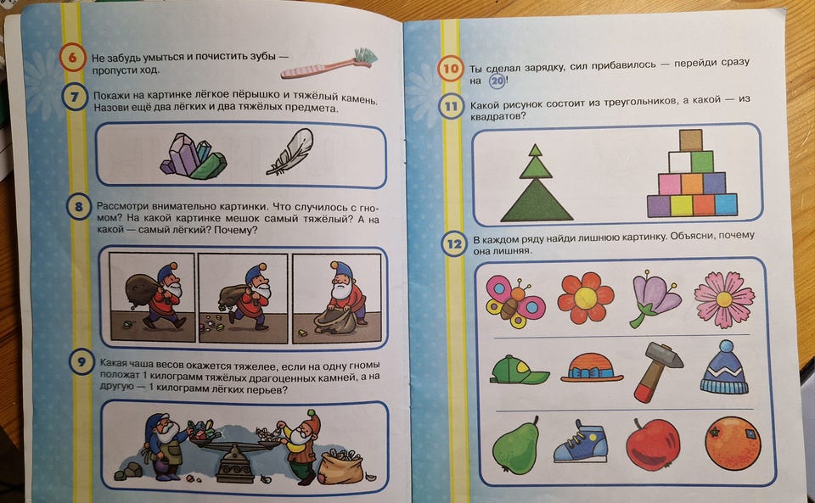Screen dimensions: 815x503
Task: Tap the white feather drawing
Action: (x=291, y=152)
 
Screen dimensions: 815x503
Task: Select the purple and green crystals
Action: (x=194, y=156)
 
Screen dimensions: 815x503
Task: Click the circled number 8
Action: (x=78, y=207)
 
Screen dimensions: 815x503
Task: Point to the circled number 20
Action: (x=497, y=81)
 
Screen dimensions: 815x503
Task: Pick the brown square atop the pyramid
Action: (x=690, y=140)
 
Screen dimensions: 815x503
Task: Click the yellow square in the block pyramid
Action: (x=681, y=205)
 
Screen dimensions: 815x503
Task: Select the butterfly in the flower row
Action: (x=515, y=302)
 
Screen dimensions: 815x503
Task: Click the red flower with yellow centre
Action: (x=585, y=298)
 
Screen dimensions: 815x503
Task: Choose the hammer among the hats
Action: (x=656, y=372)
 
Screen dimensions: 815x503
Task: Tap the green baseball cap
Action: (x=518, y=370)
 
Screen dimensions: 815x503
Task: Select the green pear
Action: (x=515, y=445)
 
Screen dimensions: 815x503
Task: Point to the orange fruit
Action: (x=733, y=443)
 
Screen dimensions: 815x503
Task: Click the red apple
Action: (x=652, y=444)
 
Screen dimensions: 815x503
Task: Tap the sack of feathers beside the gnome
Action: (x=341, y=467)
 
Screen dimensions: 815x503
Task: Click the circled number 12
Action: (x=454, y=243)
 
